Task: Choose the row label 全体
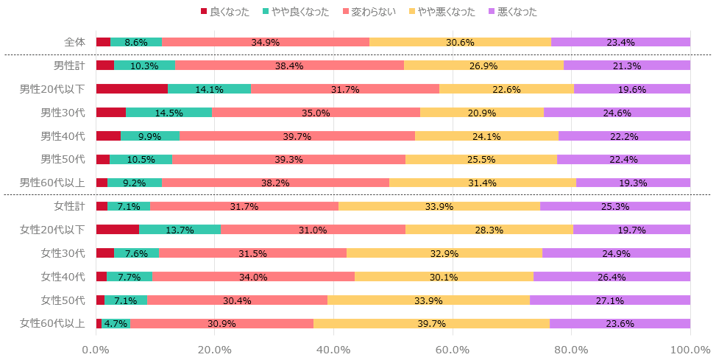click(x=74, y=42)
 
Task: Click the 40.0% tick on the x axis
click(x=333, y=350)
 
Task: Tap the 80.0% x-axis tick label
click(x=571, y=350)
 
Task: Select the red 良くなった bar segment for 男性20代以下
click(x=132, y=89)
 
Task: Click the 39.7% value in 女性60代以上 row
click(x=431, y=324)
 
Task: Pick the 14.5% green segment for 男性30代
click(x=169, y=113)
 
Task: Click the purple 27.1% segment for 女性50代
click(x=610, y=300)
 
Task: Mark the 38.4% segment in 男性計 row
click(x=289, y=66)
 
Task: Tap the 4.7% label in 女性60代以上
click(x=116, y=324)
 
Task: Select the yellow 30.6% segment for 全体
click(x=460, y=42)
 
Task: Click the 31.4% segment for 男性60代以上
click(x=483, y=183)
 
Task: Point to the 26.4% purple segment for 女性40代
click(x=612, y=277)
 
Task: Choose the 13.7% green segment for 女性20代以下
click(x=180, y=230)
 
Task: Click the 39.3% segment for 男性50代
click(x=288, y=159)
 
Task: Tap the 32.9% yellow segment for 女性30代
click(x=444, y=253)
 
